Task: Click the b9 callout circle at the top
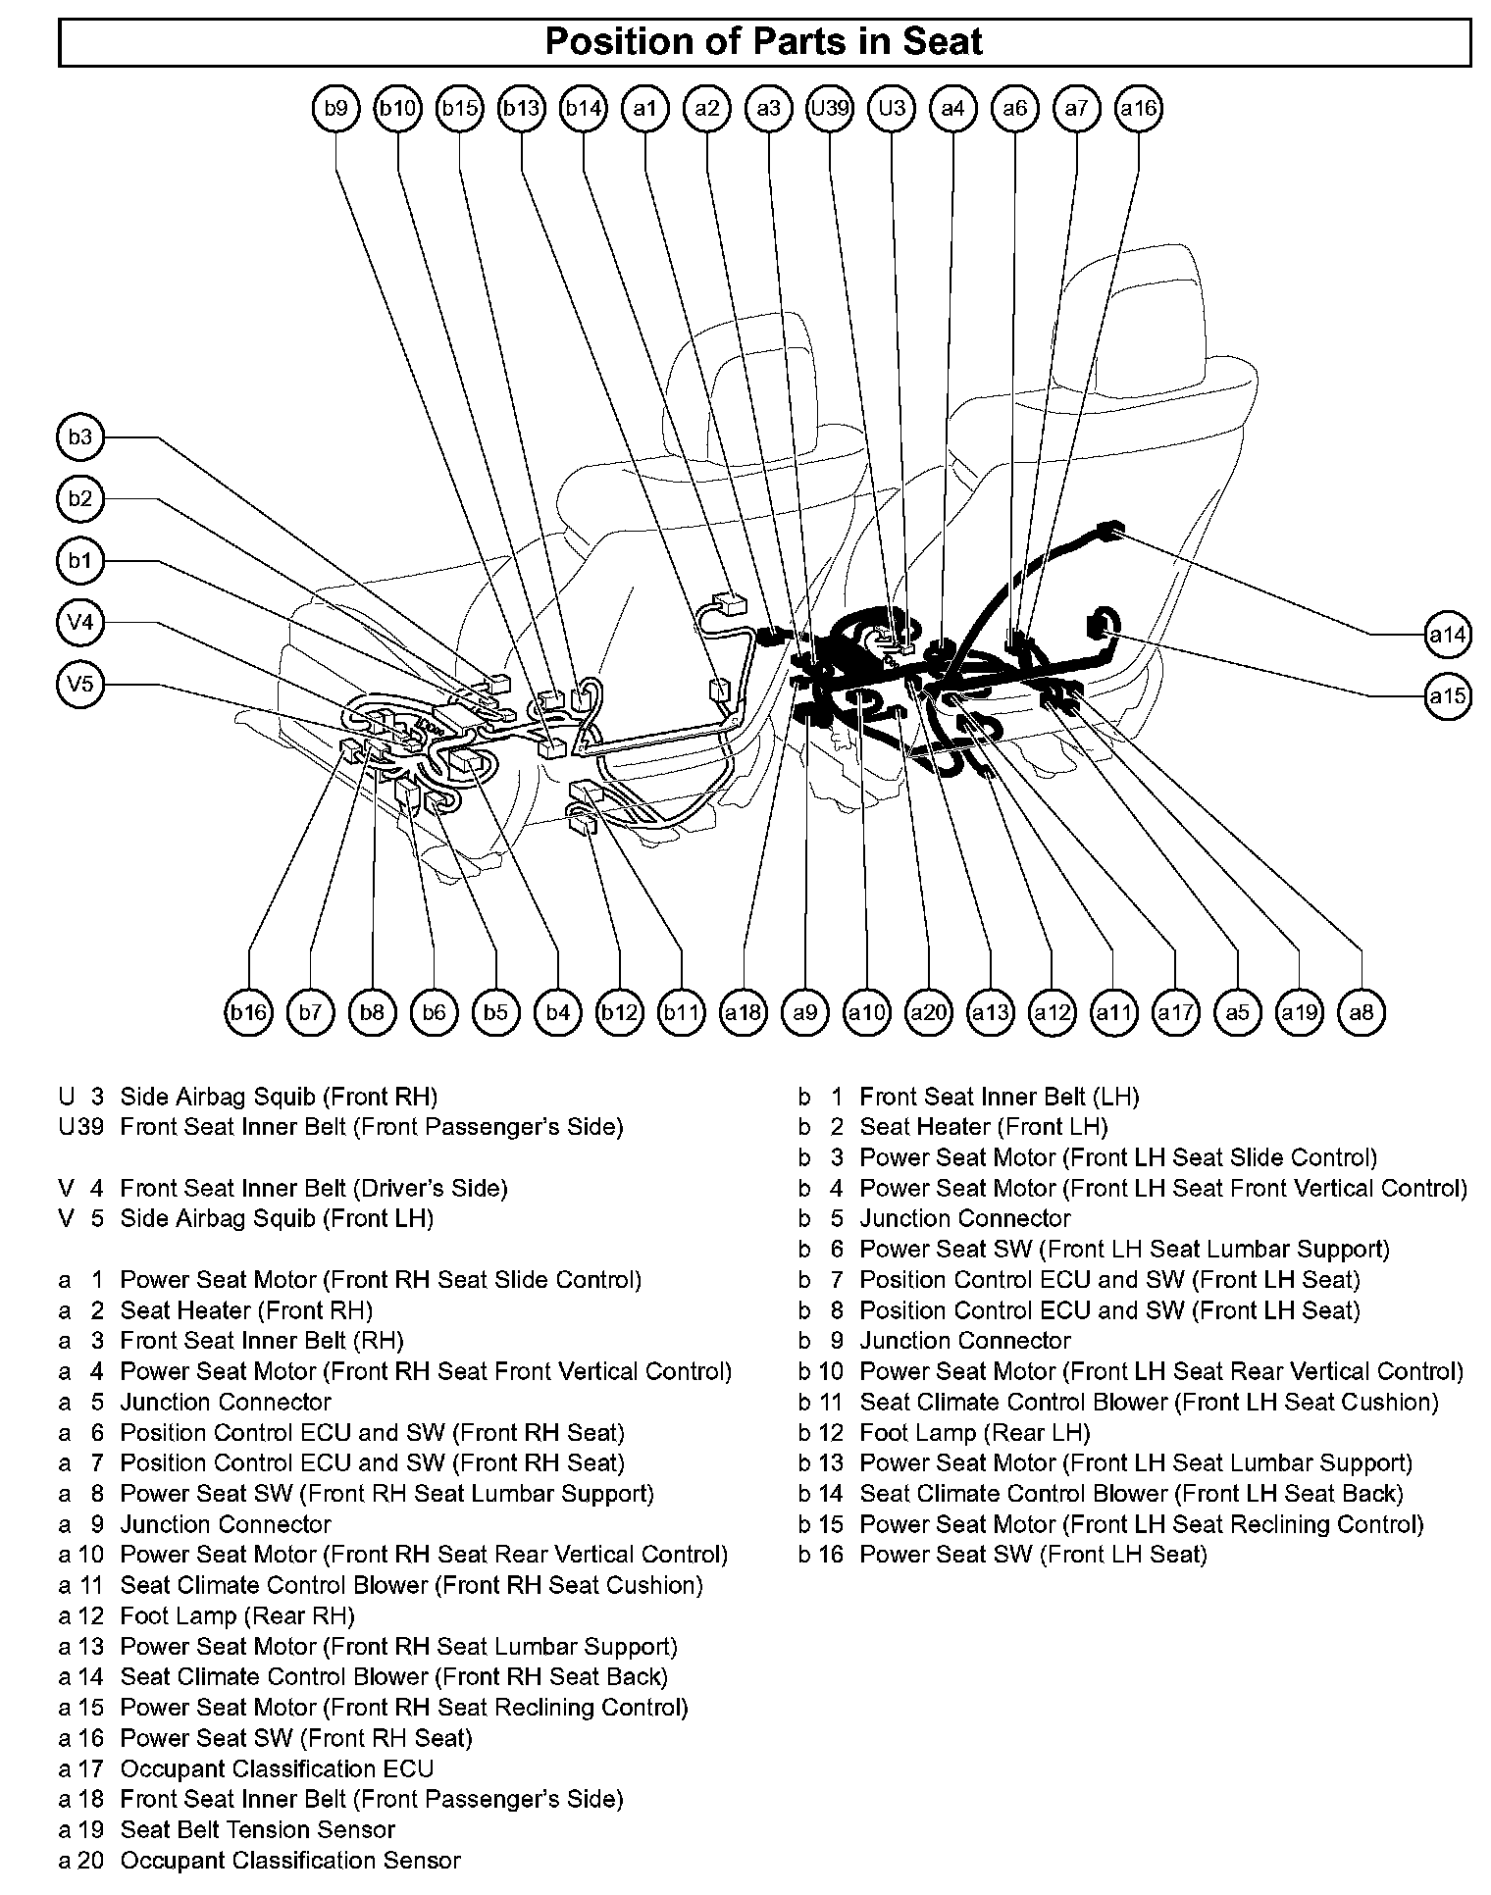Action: coord(336,108)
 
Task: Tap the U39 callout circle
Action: coord(830,108)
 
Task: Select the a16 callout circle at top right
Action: coord(1139,108)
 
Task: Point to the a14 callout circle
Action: coord(1447,635)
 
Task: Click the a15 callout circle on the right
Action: coord(1447,696)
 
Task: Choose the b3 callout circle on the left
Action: coord(80,437)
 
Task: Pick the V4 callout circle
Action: coord(80,623)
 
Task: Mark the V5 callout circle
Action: coord(80,684)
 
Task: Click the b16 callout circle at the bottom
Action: coord(249,1011)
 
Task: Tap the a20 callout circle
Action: coord(928,1011)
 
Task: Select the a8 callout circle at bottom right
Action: coord(1362,1011)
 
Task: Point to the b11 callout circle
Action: coord(681,1011)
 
